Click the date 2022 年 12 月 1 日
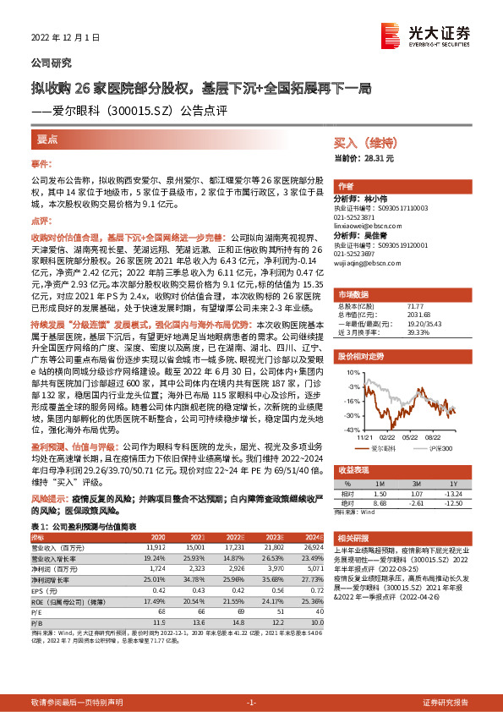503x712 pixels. [x=65, y=38]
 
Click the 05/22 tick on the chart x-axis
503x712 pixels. [x=410, y=437]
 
